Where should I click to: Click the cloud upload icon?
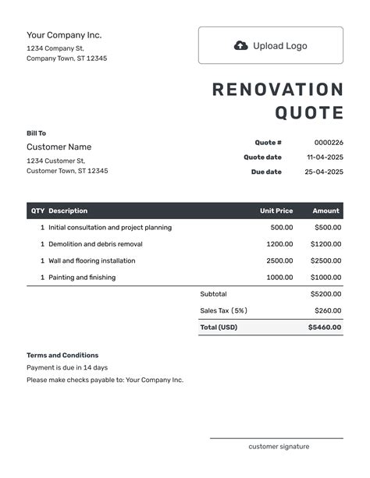(x=241, y=46)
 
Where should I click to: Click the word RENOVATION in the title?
(x=277, y=90)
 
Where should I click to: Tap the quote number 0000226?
(x=329, y=143)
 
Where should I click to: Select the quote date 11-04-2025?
(x=324, y=157)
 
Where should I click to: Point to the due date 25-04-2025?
(x=324, y=172)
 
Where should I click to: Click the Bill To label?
(x=36, y=133)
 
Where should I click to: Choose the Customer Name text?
(x=59, y=147)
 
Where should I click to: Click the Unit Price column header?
(x=276, y=211)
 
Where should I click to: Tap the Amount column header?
(x=326, y=211)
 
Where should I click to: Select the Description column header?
(x=68, y=211)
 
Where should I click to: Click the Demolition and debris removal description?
(x=95, y=244)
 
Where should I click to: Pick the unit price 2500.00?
(x=279, y=260)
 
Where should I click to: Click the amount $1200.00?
(x=326, y=244)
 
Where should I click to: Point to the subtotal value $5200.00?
(x=326, y=294)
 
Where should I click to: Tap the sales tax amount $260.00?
(x=328, y=310)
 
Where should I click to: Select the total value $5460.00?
(x=325, y=328)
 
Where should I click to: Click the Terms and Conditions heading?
(x=62, y=355)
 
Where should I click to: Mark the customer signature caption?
(x=279, y=447)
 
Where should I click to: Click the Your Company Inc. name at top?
(x=64, y=35)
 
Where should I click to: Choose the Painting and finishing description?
(x=81, y=278)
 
